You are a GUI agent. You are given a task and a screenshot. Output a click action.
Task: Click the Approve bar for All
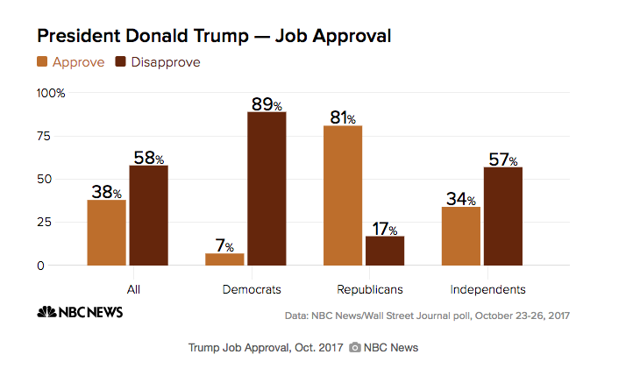pos(106,232)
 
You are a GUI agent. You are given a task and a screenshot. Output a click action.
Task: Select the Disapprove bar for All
pos(148,215)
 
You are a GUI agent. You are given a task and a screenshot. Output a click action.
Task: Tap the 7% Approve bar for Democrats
pos(224,259)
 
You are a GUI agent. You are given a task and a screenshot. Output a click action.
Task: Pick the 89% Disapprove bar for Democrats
pos(267,188)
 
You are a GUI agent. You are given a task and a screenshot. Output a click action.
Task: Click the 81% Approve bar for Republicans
pos(343,195)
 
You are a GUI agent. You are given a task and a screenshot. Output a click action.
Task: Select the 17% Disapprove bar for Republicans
pos(385,250)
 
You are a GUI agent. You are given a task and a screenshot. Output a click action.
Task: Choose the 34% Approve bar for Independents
pos(461,236)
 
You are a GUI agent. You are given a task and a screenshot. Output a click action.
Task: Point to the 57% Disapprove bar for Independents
pos(503,216)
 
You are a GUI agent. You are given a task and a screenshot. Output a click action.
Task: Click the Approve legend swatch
pos(42,62)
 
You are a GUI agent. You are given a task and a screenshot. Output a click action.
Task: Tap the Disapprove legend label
pos(165,62)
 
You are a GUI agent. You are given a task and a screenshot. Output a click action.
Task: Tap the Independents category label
pos(487,288)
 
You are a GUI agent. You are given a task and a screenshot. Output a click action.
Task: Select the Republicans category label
pos(369,288)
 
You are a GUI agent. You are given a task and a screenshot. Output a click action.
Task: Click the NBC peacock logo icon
pos(45,312)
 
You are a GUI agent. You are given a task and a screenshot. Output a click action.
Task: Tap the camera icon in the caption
pos(355,348)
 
